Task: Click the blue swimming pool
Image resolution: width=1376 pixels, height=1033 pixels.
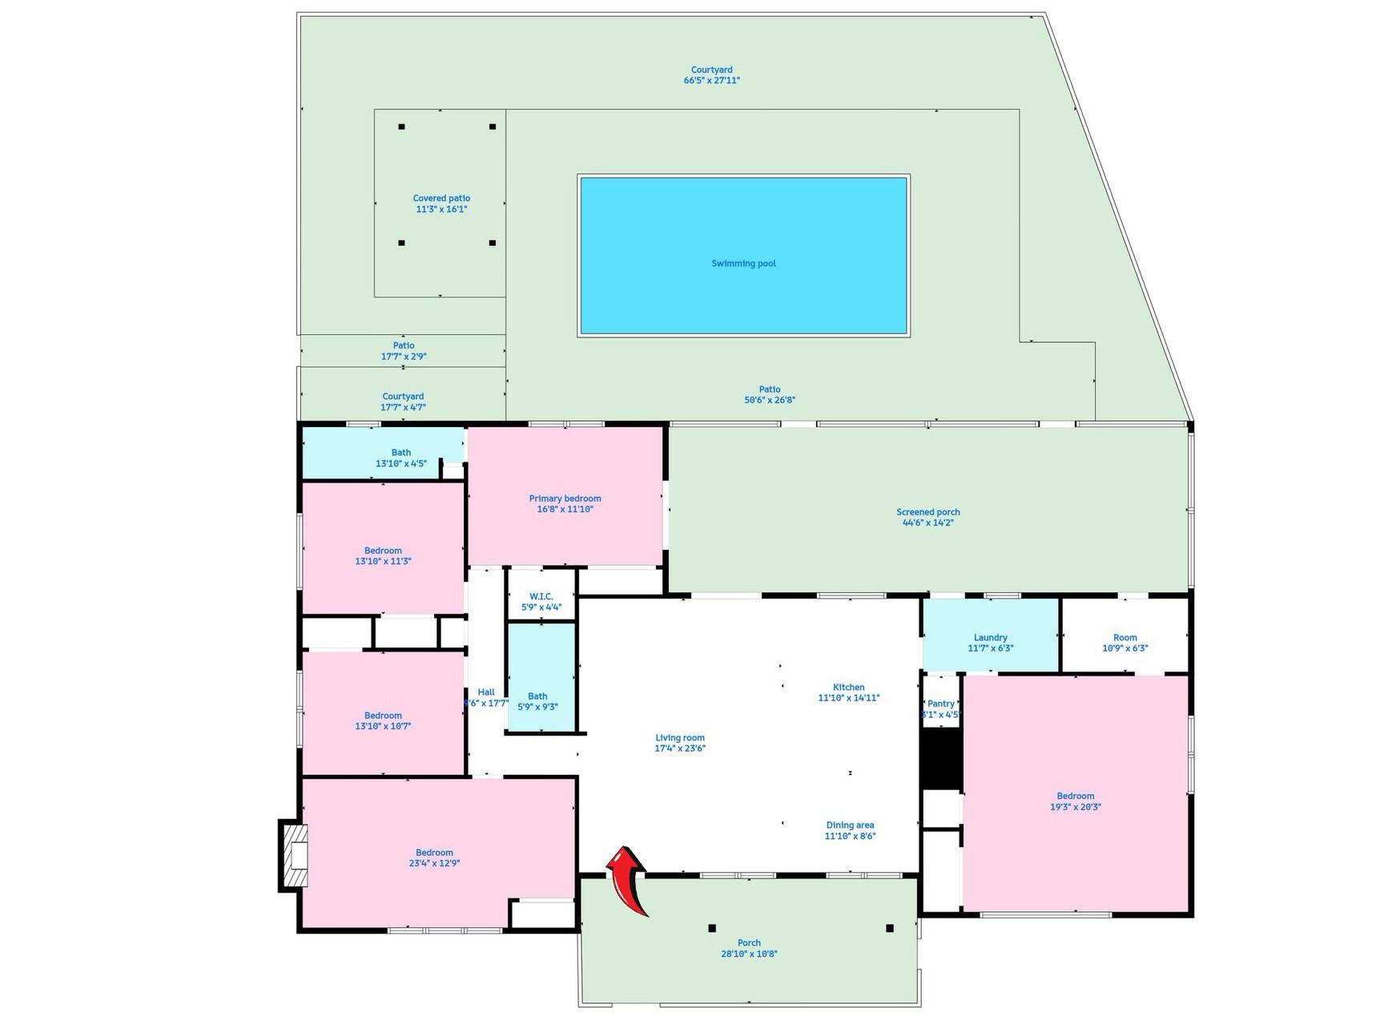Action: click(743, 255)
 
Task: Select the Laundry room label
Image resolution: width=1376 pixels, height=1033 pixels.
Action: click(990, 638)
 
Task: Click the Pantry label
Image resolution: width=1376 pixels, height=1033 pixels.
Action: click(941, 704)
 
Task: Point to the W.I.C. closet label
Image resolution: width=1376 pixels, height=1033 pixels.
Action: click(541, 596)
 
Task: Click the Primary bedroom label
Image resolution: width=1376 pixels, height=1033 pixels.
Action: click(565, 498)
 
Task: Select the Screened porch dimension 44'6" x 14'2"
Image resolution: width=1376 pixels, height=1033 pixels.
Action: click(927, 523)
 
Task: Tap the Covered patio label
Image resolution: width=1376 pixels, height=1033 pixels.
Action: click(441, 198)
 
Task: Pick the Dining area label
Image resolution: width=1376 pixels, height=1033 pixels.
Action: click(850, 825)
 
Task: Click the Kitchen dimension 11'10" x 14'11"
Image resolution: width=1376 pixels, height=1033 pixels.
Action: click(848, 698)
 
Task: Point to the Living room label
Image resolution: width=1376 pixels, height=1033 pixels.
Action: click(680, 737)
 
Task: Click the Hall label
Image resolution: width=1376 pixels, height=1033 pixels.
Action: click(485, 692)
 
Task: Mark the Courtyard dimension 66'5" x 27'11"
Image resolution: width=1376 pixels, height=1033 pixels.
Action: click(711, 80)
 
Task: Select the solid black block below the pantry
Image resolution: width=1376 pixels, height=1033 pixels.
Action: click(941, 758)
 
